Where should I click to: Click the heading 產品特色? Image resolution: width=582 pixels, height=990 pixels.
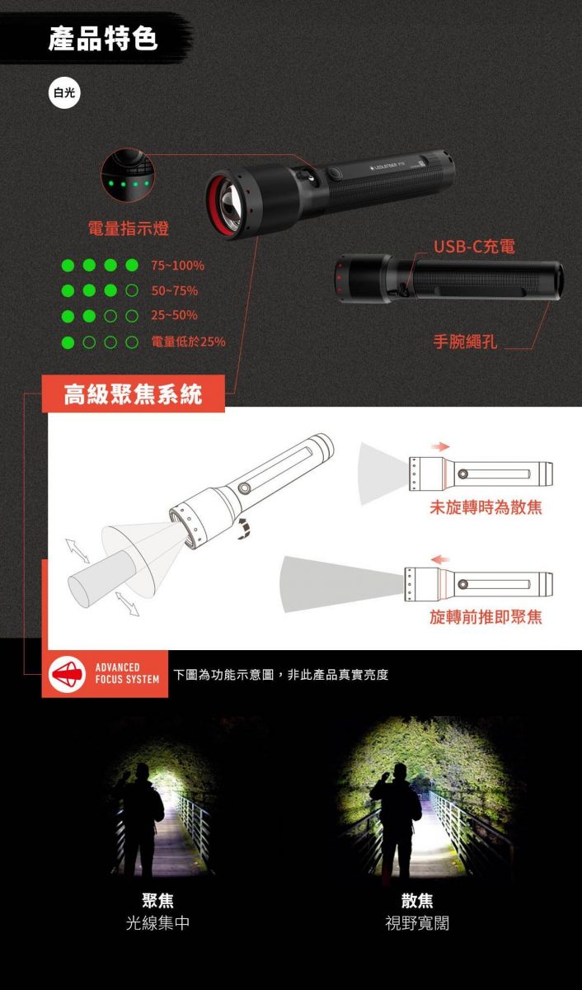(x=103, y=38)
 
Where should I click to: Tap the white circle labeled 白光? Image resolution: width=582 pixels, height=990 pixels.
(x=64, y=92)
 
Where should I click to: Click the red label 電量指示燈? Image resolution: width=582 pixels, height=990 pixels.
(x=129, y=229)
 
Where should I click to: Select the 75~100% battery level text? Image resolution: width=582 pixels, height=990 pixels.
(x=177, y=266)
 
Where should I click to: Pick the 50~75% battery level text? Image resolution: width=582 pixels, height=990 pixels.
(x=175, y=290)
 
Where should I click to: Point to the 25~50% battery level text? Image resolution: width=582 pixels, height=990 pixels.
(x=175, y=315)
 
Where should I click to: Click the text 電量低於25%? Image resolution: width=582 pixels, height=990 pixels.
(x=189, y=342)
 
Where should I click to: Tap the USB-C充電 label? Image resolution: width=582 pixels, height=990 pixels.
(x=474, y=246)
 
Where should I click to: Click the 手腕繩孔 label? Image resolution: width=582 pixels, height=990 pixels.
(x=466, y=342)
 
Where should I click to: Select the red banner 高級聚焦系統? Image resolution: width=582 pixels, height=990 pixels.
(x=134, y=394)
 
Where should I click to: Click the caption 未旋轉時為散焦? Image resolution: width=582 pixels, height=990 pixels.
(x=486, y=507)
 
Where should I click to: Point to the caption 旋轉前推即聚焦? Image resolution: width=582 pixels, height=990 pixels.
(x=486, y=617)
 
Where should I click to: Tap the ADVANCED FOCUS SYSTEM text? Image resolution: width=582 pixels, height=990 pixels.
(x=127, y=673)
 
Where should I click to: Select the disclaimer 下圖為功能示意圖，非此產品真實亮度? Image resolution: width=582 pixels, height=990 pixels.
(x=281, y=675)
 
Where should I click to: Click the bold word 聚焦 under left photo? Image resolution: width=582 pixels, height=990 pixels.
(x=157, y=900)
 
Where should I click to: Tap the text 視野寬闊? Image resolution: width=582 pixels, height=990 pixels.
(x=417, y=923)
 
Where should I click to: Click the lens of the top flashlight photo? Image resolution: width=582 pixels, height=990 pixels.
(x=231, y=200)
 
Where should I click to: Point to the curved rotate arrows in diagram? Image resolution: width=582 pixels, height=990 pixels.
(x=243, y=529)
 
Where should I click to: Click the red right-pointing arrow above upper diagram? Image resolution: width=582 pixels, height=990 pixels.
(x=440, y=446)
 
